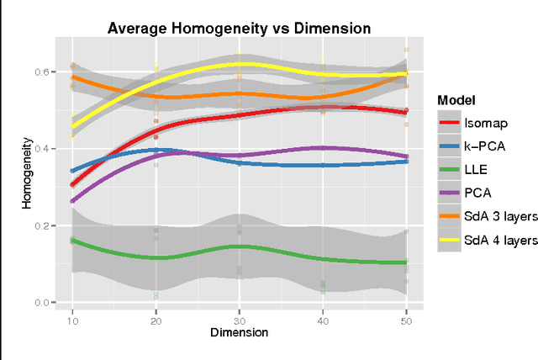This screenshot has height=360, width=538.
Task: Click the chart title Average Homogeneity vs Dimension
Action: pos(240,28)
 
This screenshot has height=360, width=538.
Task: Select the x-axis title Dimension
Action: pos(240,332)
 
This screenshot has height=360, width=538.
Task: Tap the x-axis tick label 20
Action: pos(156,320)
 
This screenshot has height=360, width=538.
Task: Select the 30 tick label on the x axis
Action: pos(240,320)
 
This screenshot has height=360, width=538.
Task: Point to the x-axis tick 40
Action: pos(323,320)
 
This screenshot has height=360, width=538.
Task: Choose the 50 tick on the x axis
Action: pos(407,320)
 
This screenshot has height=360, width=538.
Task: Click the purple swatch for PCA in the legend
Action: pos(449,193)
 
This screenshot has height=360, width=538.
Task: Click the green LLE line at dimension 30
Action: pos(240,246)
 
